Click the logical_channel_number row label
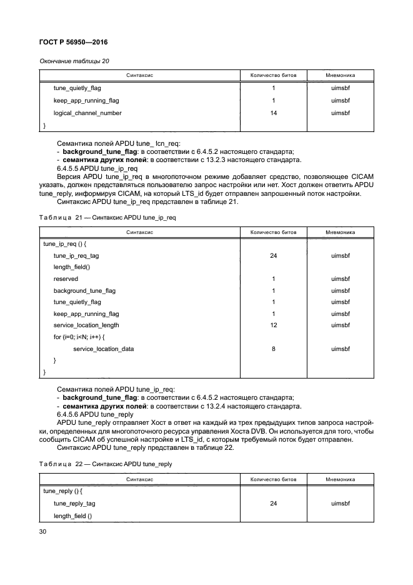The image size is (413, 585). (87, 113)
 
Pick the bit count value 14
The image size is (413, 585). (273, 113)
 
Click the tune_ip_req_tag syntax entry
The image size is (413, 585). (76, 256)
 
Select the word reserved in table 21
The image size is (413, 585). (66, 279)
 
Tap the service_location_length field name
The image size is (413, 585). (86, 325)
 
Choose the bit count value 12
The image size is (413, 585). (273, 325)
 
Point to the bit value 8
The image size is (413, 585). (273, 348)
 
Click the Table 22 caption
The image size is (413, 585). (105, 464)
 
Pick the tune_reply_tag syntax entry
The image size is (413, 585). (74, 502)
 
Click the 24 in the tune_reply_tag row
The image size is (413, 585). (273, 502)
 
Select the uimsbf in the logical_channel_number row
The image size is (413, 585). (341, 113)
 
